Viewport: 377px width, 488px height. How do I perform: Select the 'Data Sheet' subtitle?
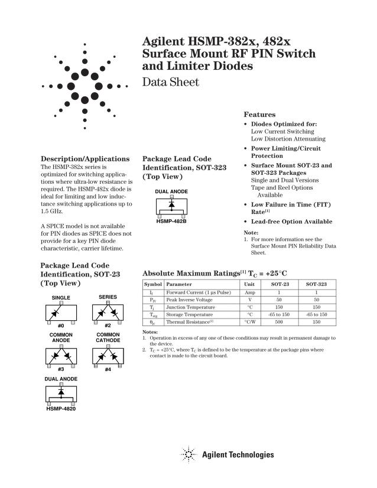171,82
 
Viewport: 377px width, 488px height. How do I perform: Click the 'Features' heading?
259,114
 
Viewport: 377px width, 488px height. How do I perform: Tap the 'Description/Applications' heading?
84,159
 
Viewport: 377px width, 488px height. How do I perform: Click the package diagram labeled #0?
61,311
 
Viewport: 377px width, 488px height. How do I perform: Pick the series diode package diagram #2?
108,311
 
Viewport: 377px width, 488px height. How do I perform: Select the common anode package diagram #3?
61,356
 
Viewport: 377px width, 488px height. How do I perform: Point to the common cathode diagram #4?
108,356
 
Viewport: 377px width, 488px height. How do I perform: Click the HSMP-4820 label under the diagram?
60,408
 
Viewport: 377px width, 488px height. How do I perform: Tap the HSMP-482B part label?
171,221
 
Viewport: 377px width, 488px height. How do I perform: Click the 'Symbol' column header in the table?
153,284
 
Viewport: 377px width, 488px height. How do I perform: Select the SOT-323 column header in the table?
316,284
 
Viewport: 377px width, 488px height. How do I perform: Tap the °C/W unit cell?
249,322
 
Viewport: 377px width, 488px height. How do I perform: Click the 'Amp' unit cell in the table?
249,292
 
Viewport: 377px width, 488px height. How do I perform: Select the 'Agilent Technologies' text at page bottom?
238,455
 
